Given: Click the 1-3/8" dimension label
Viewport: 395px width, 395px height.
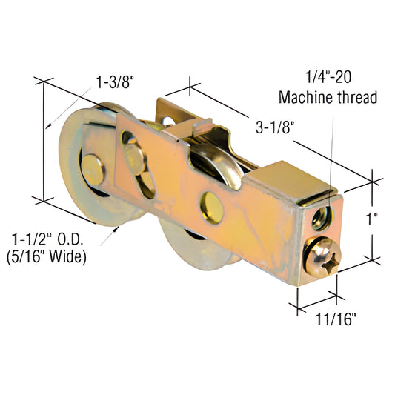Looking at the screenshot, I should pos(113,82).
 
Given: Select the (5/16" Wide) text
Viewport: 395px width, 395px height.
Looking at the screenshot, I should pos(48,258).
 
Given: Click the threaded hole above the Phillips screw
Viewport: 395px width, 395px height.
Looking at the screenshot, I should pos(320,218).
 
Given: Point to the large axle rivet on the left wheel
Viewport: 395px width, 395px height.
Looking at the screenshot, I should pos(93,169).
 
